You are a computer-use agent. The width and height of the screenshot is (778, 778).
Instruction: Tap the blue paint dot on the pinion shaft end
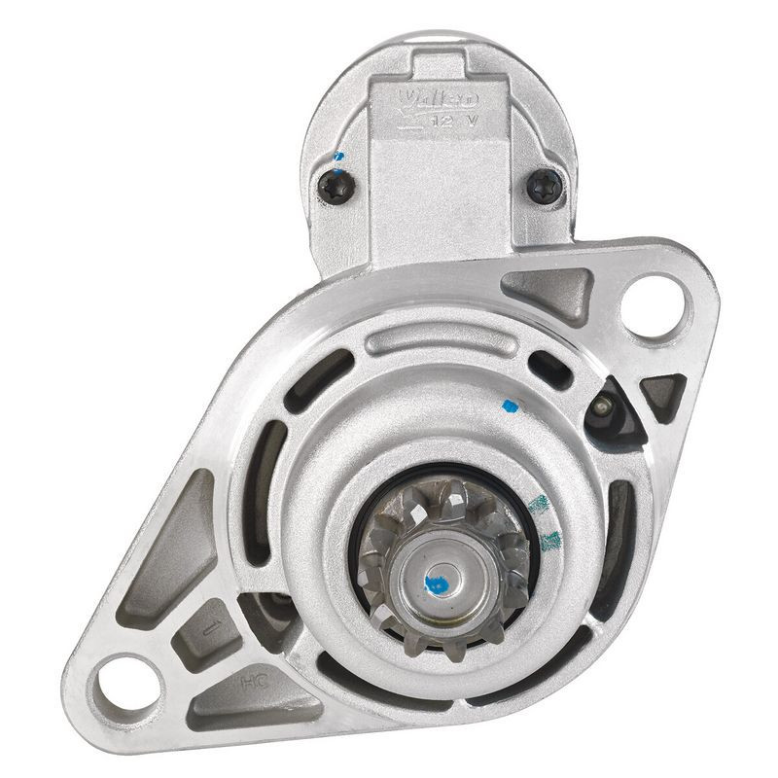(436, 584)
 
